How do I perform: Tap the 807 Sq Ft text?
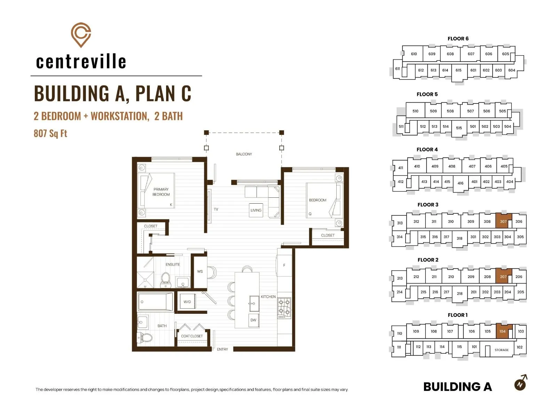tap(50, 133)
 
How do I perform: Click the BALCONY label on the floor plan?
tap(244, 154)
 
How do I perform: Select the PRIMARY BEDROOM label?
tap(161, 192)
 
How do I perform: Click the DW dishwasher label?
tap(253, 320)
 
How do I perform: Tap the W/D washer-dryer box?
tap(187, 302)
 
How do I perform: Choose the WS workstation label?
tap(200, 271)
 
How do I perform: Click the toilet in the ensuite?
tap(165, 280)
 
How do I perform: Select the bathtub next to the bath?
tap(155, 302)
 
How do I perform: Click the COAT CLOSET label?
tap(192, 336)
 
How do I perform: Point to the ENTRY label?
tap(222, 349)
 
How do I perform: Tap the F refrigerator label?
tap(284, 265)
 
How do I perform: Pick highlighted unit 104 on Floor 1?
tap(503, 331)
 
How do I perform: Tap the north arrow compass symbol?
tap(521, 383)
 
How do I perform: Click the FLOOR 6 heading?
tap(458, 39)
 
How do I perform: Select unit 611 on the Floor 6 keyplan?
tap(398, 68)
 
